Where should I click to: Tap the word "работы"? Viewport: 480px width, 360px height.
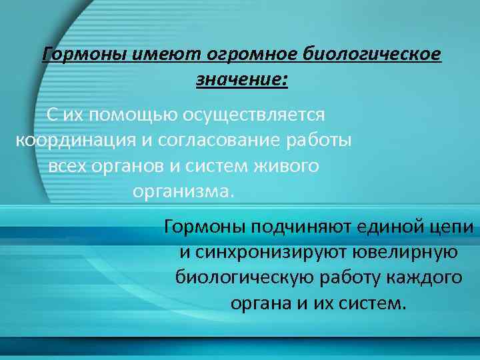[320, 141]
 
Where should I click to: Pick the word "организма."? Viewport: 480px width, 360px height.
[184, 192]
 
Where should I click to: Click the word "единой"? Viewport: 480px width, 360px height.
[389, 227]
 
